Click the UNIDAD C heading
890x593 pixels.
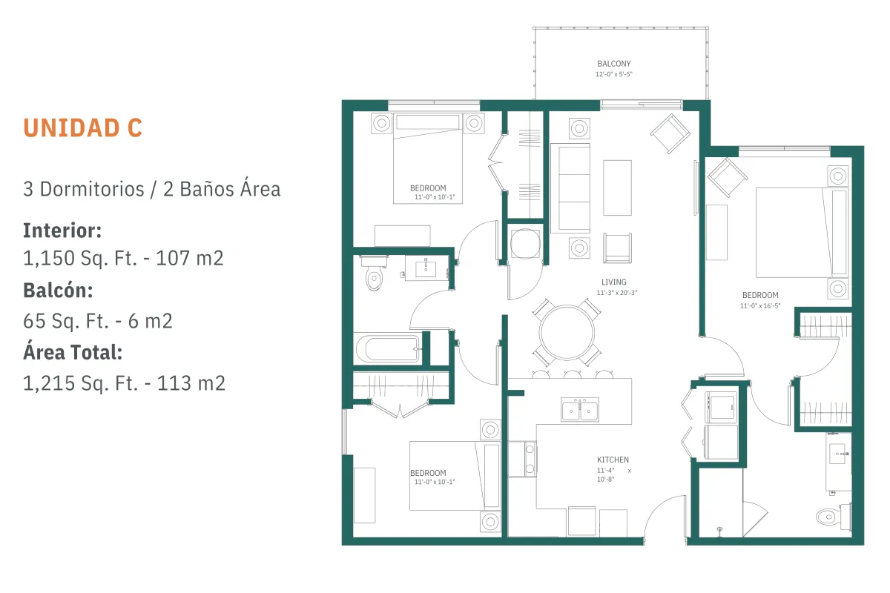coord(82,128)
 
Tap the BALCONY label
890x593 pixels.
coord(614,64)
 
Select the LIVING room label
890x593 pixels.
coord(614,282)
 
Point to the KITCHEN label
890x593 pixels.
coord(613,460)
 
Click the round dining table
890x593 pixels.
coord(567,333)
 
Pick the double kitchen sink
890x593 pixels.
coord(580,409)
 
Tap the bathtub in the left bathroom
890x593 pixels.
coord(388,348)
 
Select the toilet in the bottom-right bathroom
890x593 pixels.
coord(833,517)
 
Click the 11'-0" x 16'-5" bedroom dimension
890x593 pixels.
coord(760,306)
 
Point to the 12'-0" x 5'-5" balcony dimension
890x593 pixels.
coord(614,74)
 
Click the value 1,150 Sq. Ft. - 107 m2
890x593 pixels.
coord(123,258)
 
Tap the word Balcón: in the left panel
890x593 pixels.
coord(58,291)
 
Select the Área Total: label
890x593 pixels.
coord(73,352)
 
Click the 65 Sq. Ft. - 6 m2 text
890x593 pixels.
coord(98,321)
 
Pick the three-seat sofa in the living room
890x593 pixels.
coord(570,188)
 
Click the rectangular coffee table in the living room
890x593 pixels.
coord(617,188)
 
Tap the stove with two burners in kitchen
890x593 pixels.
coord(522,459)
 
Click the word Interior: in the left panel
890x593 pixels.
coord(62,231)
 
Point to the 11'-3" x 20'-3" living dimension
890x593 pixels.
coord(616,293)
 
